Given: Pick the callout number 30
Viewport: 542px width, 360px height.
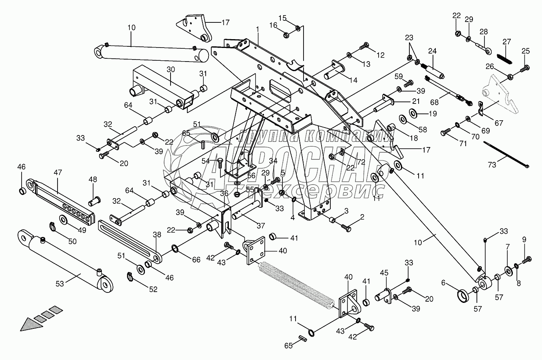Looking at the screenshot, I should point(171,70).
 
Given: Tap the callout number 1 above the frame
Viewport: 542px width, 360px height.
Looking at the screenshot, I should point(258,29).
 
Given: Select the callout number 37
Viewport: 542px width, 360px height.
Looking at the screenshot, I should point(260,225).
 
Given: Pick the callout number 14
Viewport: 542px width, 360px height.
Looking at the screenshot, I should point(353,80).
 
